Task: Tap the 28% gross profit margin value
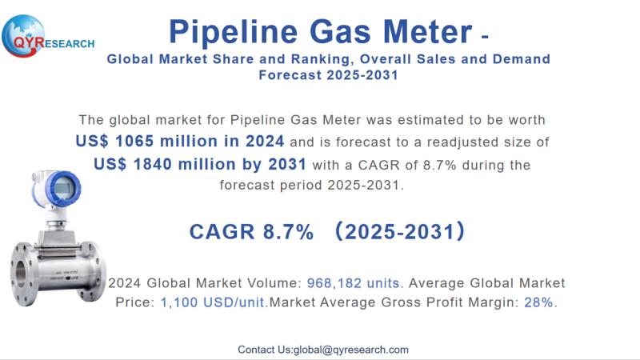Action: click(x=538, y=303)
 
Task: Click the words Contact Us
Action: click(x=265, y=350)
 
